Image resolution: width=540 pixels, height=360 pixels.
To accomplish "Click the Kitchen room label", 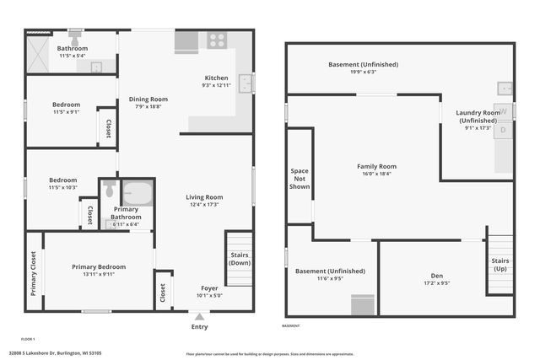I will (216, 78).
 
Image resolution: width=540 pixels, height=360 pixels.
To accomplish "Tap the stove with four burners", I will (217, 40).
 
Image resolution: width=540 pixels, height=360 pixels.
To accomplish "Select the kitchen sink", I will (246, 83).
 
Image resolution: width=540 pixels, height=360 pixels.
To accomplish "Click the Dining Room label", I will (148, 99).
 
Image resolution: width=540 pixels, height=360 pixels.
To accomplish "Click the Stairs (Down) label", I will (239, 258).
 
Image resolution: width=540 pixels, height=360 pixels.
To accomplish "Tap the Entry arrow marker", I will (199, 318).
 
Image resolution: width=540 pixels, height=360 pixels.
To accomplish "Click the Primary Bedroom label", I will (99, 266).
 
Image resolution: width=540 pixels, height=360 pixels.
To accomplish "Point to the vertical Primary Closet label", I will (35, 275).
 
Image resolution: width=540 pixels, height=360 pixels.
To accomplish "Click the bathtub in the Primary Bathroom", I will (137, 193).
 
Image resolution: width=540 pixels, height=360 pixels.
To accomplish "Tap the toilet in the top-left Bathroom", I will (75, 38).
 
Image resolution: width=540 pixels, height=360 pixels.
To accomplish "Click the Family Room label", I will (376, 166).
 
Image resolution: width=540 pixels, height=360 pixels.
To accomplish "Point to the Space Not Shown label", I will (300, 179).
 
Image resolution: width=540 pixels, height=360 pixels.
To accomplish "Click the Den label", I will (436, 275).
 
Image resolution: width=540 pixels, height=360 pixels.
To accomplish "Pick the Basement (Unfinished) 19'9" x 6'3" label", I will (363, 64).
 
